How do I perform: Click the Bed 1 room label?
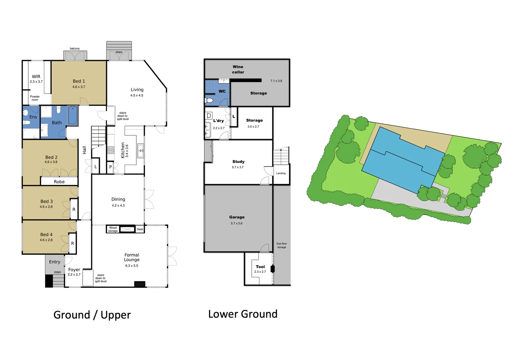click(x=79, y=81)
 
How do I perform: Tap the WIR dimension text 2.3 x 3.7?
click(x=36, y=82)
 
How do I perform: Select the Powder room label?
click(x=35, y=98)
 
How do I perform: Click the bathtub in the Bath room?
click(x=73, y=115)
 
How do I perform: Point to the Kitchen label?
click(x=123, y=150)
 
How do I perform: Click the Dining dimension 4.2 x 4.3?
click(x=118, y=206)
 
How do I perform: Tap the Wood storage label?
click(x=113, y=229)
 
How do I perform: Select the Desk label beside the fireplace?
click(x=140, y=229)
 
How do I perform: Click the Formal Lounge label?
click(x=132, y=257)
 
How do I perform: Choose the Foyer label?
click(x=74, y=270)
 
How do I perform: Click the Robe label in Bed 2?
click(x=59, y=182)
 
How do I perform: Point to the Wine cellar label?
click(x=238, y=69)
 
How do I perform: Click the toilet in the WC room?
click(x=209, y=100)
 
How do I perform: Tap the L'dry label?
click(x=218, y=121)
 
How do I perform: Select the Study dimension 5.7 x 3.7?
click(x=238, y=167)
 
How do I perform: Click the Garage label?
click(x=237, y=217)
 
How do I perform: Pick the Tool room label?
click(x=260, y=267)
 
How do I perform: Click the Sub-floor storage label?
click(x=281, y=245)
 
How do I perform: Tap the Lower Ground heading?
click(x=243, y=314)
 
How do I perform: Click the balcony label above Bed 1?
click(x=75, y=49)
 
